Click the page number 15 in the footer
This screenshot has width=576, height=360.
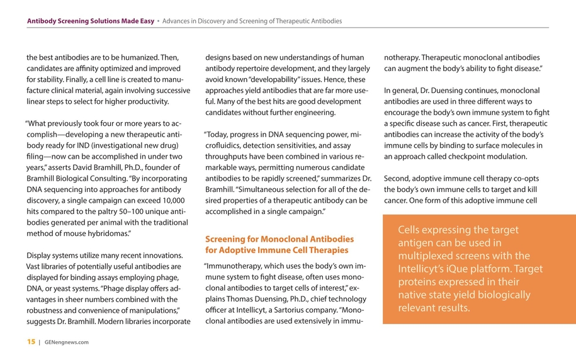[30, 342]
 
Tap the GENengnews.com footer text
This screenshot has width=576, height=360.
[67, 342]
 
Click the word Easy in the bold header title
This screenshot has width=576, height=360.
[146, 21]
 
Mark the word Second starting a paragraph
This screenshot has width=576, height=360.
[398, 178]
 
